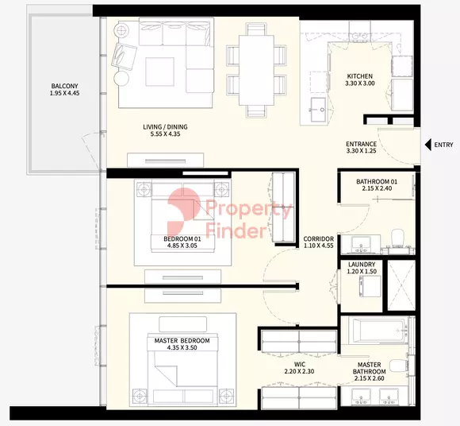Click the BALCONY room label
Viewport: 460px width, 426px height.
coord(64,86)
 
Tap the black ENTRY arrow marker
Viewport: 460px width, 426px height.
coord(428,145)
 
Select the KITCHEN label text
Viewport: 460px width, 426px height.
coord(359,76)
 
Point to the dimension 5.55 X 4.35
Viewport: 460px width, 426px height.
coord(165,134)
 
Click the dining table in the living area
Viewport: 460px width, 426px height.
coord(256,70)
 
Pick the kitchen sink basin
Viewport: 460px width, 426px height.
coord(318,110)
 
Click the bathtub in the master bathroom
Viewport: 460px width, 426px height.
coord(378,330)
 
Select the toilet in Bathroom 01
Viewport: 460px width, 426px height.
coord(398,238)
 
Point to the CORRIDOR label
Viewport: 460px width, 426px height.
coord(318,239)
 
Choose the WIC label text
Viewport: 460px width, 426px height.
coord(300,365)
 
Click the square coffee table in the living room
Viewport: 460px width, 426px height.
coord(160,72)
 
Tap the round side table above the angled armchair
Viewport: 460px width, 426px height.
coord(121,29)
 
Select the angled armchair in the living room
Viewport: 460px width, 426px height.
coord(124,56)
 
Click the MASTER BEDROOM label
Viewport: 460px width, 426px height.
coord(182,341)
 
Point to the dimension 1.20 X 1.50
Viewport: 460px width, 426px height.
coord(362,272)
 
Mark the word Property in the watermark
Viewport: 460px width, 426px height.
coord(249,209)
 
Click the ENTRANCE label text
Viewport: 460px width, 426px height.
coord(361,144)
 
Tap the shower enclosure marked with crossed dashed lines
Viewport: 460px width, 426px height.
coord(401,285)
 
